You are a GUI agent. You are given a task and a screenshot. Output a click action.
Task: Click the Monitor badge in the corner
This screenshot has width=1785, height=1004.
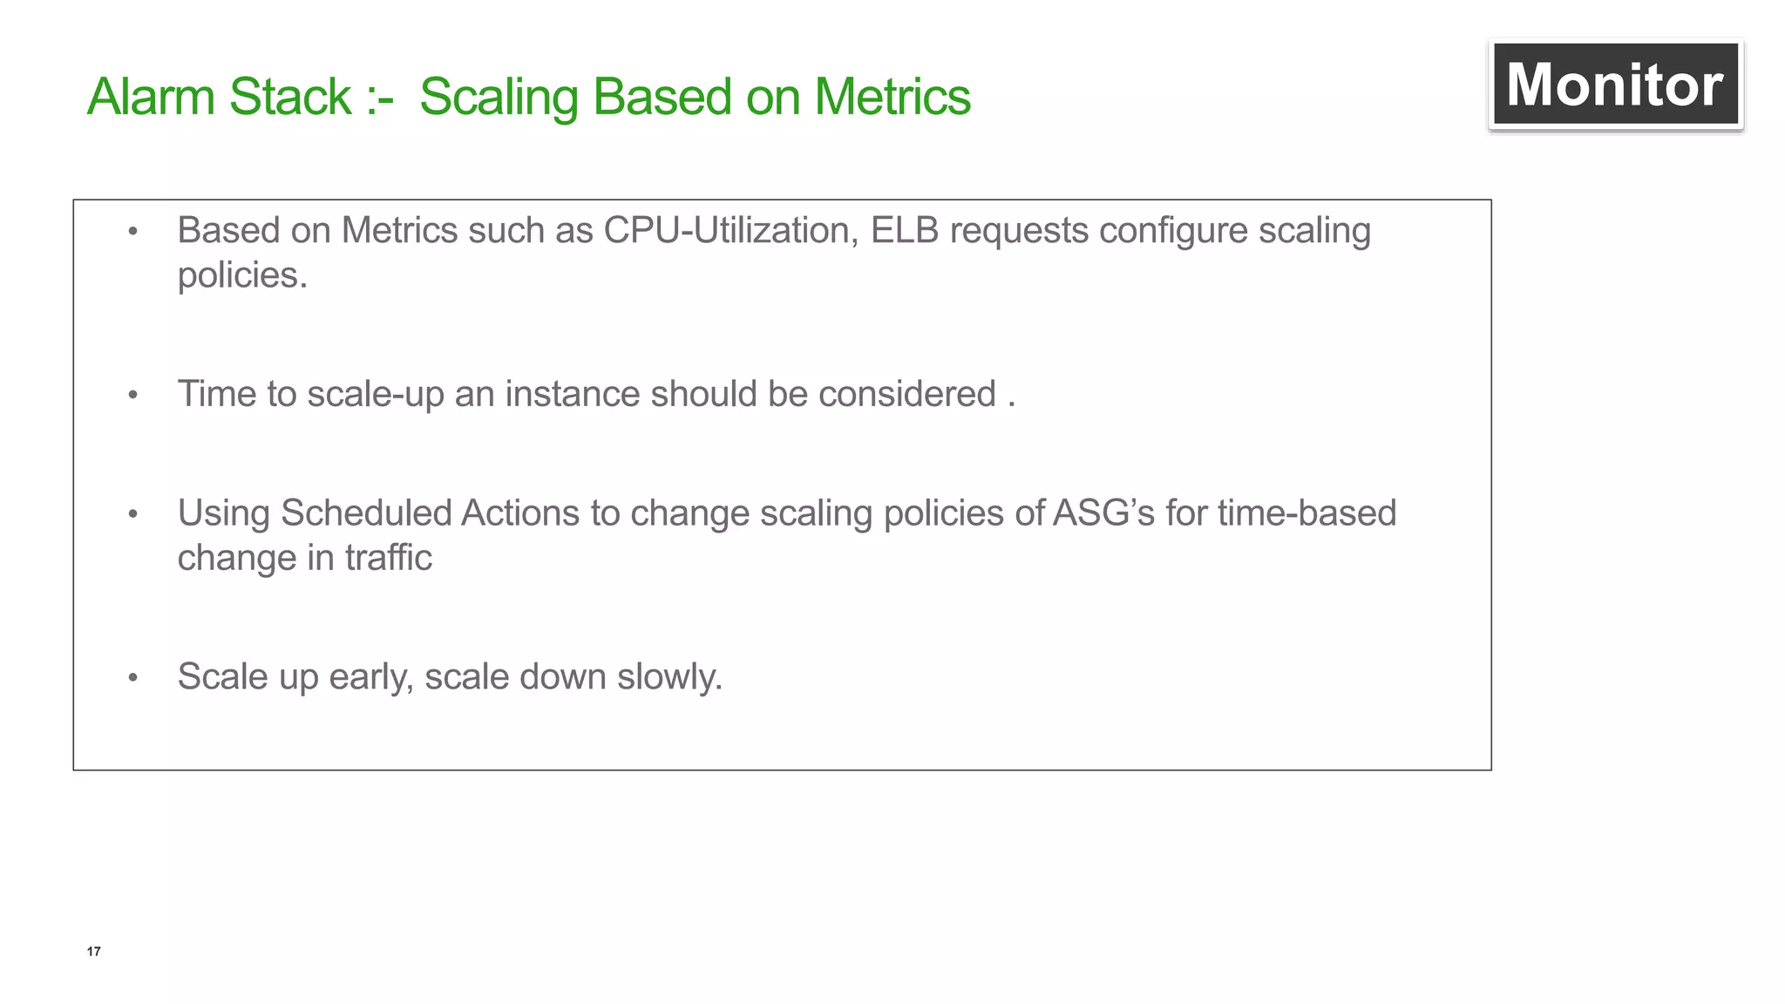[1615, 85]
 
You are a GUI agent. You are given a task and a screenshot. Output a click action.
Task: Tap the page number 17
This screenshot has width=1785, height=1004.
[94, 951]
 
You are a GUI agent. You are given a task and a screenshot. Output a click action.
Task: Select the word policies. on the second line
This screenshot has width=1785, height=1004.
[242, 276]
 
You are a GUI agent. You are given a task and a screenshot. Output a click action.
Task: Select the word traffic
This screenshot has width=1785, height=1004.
[388, 558]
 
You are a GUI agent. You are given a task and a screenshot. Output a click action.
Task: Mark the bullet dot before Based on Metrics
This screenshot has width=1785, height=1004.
[133, 232]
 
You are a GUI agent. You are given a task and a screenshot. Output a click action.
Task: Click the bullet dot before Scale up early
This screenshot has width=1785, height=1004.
[133, 678]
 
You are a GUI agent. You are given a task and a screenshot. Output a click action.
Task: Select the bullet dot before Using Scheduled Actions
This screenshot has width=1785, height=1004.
[133, 514]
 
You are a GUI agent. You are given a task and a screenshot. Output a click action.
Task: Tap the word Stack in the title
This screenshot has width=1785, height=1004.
[290, 97]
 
